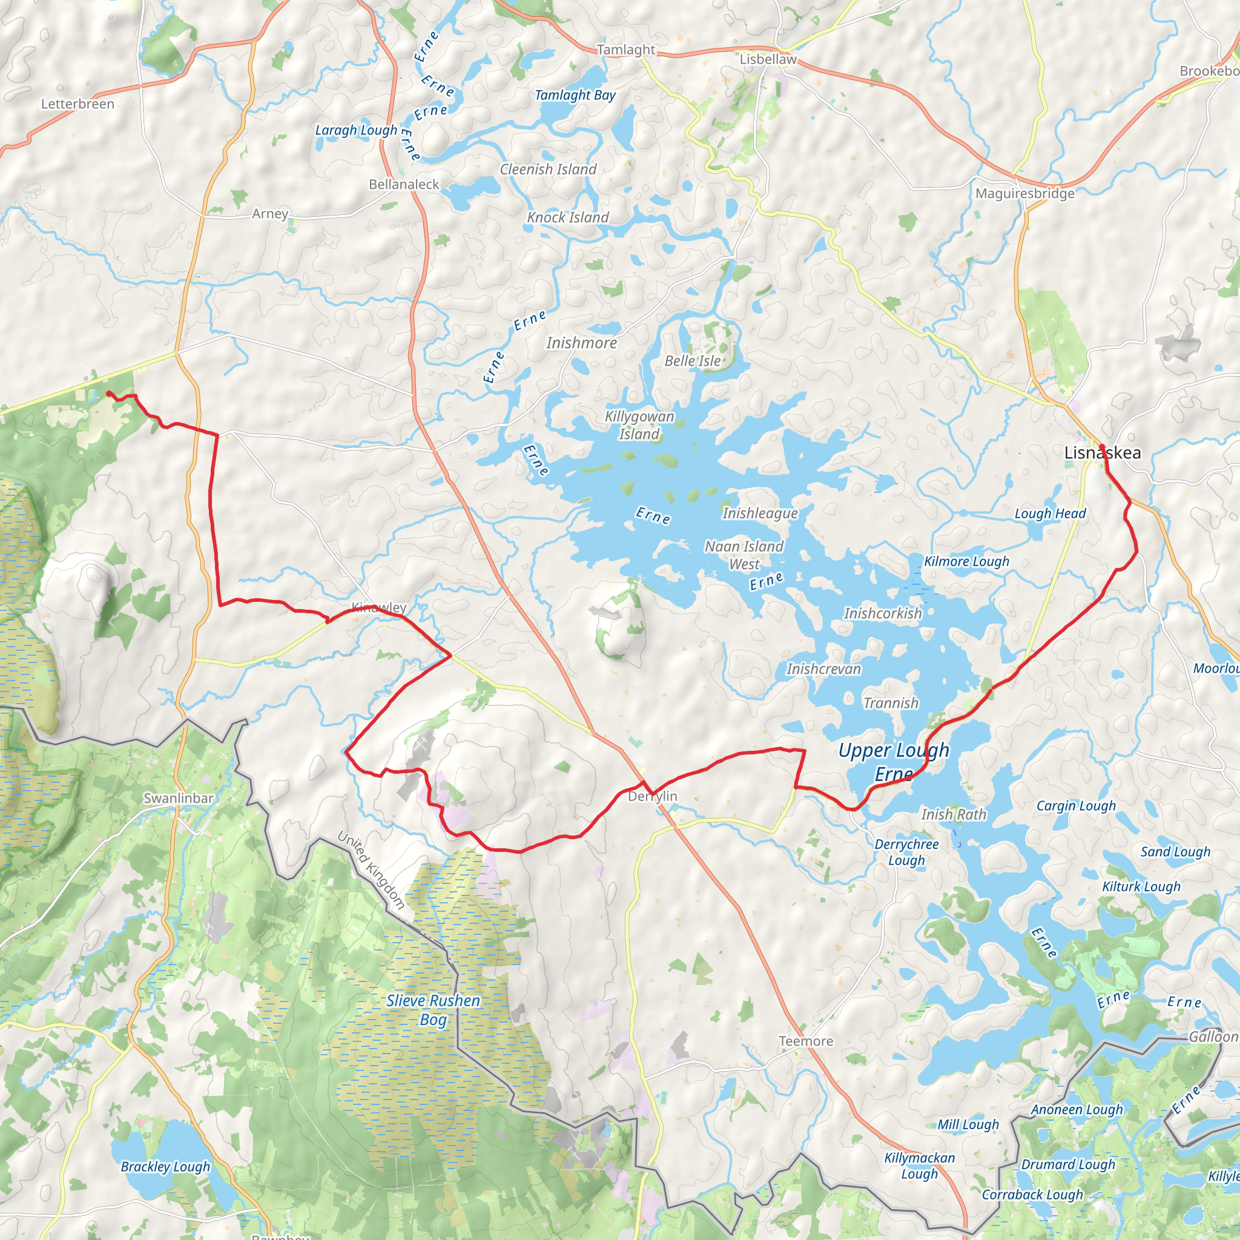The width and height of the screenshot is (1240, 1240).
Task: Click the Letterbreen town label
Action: point(77,104)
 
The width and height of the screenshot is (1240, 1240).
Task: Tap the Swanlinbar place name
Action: point(179,798)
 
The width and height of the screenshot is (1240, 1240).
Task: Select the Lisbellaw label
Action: point(768,59)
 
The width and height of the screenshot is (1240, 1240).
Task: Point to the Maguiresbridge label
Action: point(1024,193)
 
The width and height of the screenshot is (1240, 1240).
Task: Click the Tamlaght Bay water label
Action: point(575,96)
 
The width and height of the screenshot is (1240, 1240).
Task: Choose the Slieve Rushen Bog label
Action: point(434,1009)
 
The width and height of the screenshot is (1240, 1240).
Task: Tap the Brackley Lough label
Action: point(165,1166)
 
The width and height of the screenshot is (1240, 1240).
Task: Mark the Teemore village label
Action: point(805,1041)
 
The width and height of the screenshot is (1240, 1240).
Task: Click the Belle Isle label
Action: point(693,361)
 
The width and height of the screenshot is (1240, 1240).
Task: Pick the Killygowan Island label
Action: point(639,425)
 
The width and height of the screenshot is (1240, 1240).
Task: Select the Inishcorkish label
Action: point(883,613)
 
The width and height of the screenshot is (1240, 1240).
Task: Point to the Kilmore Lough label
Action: point(966,562)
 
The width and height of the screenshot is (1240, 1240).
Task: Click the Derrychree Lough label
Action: point(906,852)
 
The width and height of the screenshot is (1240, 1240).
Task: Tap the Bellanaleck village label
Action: point(404,184)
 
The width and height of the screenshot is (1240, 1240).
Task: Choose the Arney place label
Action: point(269,214)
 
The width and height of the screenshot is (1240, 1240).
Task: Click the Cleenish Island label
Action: point(548,170)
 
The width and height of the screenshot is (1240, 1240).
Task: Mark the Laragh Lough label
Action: point(356,130)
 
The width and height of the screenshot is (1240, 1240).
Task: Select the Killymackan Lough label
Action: point(919,1166)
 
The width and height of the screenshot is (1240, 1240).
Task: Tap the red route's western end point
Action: point(108,393)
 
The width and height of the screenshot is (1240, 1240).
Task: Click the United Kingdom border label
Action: point(371,870)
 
